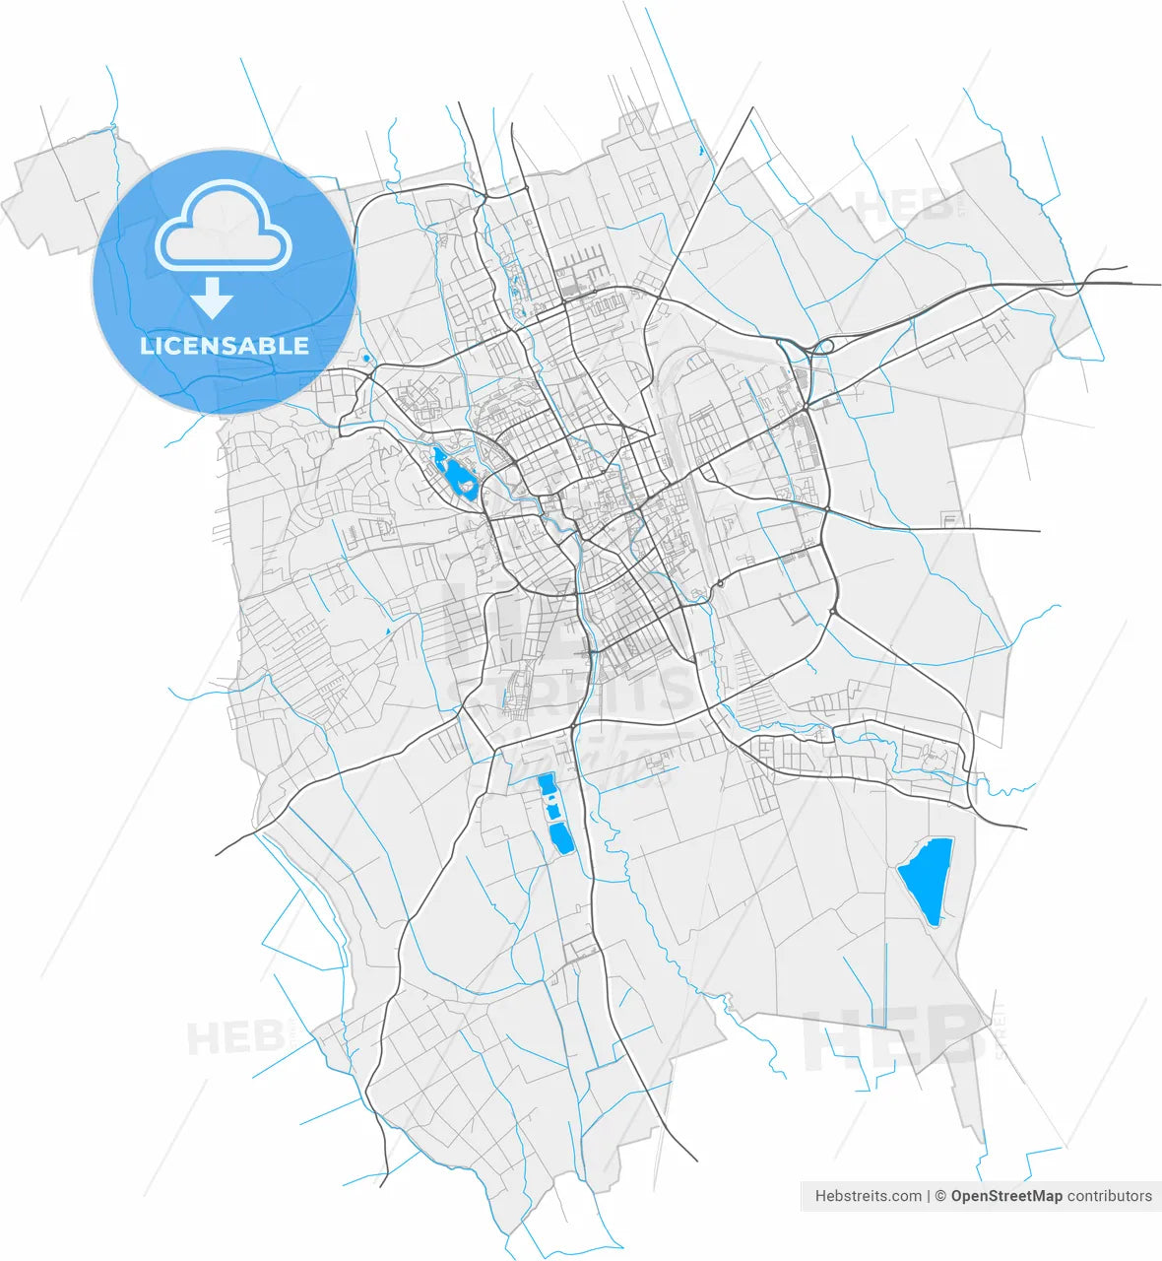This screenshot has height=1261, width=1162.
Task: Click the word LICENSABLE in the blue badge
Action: [x=225, y=346]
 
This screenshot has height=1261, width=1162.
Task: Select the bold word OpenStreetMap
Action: [x=1006, y=1196]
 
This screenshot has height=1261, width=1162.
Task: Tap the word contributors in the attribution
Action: [x=1110, y=1196]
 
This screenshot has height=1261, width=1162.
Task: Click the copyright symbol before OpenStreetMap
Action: [x=940, y=1196]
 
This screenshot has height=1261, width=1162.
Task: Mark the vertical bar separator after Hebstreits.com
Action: [x=929, y=1196]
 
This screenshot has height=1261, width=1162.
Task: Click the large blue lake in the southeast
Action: [x=927, y=879]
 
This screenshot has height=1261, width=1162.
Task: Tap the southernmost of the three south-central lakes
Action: [x=560, y=837]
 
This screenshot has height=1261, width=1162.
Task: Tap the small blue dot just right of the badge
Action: [x=366, y=358]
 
